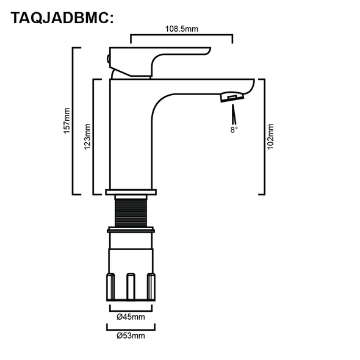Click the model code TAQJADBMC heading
click(62, 18)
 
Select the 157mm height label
click(68, 121)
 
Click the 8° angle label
click(234, 129)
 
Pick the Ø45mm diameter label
click(131, 317)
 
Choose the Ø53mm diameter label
click(131, 334)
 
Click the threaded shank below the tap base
click(131, 211)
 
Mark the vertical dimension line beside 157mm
click(74, 121)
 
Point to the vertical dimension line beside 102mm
click(263, 136)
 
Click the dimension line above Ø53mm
click(131, 325)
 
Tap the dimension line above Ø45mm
click(131, 308)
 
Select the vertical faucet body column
click(130, 134)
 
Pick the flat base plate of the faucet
click(131, 192)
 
